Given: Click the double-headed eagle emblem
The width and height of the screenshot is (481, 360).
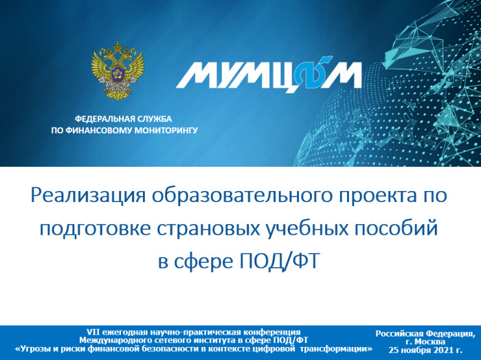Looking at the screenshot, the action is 118,71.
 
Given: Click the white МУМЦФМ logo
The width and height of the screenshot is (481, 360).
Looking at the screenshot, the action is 269,74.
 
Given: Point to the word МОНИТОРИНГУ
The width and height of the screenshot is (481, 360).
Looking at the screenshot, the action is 166,131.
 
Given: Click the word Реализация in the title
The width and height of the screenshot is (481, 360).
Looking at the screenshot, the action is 89,195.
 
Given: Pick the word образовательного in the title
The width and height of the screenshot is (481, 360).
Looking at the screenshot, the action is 243,195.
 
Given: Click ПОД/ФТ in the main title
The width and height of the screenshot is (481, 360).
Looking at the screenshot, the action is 278,261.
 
